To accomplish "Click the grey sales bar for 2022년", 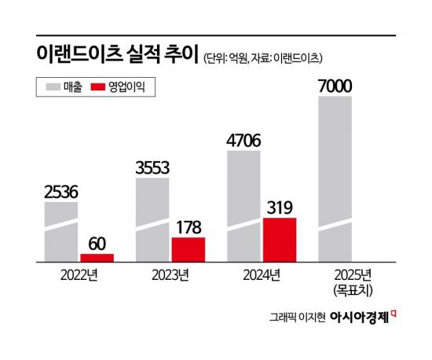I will (x=60, y=231).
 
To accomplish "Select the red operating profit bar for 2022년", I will (x=97, y=257).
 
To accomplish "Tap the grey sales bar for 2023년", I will (x=152, y=219).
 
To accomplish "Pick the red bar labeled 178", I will (x=189, y=248).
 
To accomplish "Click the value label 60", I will (x=97, y=243).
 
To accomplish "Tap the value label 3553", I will (x=152, y=167).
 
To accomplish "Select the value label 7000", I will (x=335, y=85).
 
